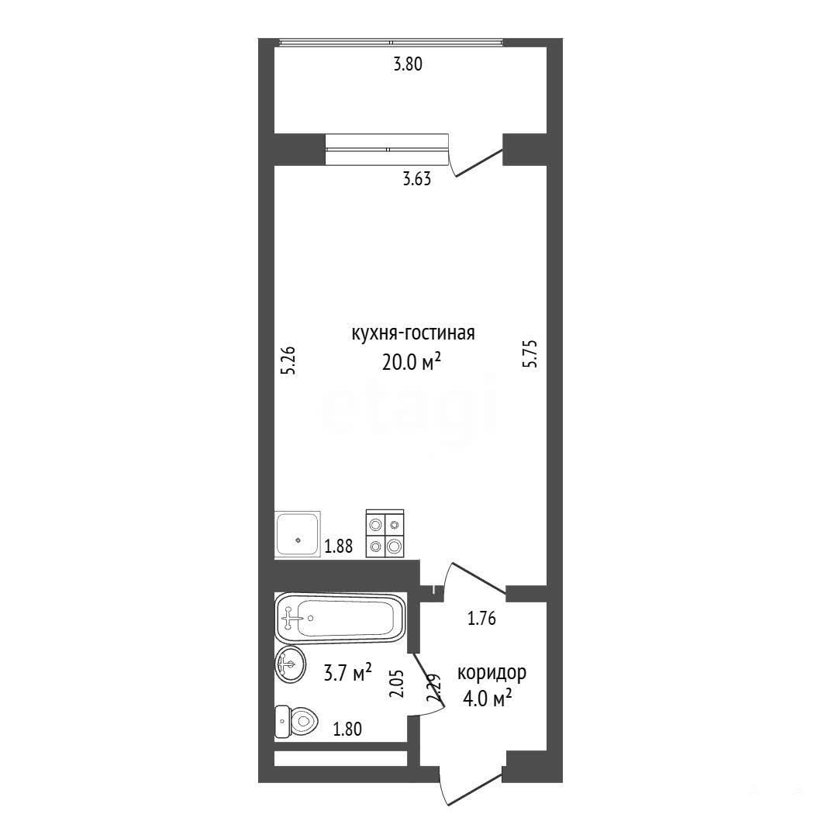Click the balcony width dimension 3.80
tap(407, 65)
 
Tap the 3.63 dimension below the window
tap(417, 180)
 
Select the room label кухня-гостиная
tap(412, 333)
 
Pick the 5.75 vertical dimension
tap(530, 355)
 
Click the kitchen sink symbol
tap(298, 535)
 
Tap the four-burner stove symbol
tap(385, 533)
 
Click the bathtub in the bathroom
tap(340, 619)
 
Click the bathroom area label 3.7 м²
tap(348, 673)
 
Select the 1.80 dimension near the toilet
tap(347, 729)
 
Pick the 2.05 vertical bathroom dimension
tap(397, 684)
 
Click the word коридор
tap(492, 673)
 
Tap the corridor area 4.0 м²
tap(488, 698)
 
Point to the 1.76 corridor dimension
tap(481, 619)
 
